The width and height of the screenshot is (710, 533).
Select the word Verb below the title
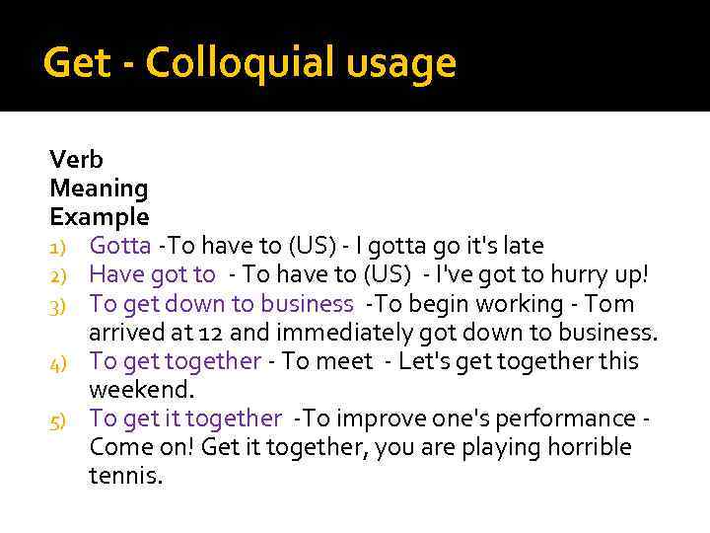pos(76,159)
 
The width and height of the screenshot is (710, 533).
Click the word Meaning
pos(99,189)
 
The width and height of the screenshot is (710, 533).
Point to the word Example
pos(100,217)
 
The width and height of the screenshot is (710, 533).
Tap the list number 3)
pos(61,304)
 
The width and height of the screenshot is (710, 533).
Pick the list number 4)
pos(61,362)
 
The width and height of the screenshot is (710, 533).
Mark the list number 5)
pos(61,420)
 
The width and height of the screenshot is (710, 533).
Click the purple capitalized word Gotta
pos(120,246)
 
